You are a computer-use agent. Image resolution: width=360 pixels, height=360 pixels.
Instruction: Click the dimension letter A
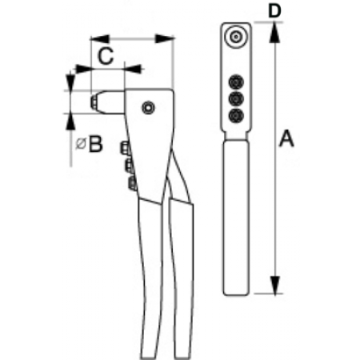[286, 138]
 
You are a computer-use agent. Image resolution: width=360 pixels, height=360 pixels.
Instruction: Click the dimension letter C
[106, 56]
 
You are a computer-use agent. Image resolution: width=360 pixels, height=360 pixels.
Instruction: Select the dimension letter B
[95, 144]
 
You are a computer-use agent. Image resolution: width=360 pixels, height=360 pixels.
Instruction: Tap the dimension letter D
[274, 11]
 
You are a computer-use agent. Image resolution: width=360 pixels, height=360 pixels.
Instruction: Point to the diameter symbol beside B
[81, 144]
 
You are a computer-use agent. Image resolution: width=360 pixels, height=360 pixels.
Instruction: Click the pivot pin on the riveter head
[148, 108]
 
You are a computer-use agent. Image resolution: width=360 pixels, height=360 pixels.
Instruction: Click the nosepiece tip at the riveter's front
[94, 102]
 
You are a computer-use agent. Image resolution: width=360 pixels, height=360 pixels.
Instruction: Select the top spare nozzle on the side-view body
[125, 148]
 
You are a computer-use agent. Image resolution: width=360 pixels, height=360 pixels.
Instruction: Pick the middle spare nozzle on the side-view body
[129, 166]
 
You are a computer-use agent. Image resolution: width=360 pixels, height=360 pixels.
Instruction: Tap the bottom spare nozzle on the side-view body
[133, 183]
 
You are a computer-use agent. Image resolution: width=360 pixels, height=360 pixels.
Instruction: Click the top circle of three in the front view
[236, 82]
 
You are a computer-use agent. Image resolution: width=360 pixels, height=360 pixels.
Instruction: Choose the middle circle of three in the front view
[236, 99]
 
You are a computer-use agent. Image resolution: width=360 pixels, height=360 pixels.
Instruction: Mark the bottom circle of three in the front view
[236, 116]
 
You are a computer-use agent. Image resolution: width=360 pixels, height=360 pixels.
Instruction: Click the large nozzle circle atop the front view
[236, 37]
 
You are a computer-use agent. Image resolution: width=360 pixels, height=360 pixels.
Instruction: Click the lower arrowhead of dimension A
[274, 285]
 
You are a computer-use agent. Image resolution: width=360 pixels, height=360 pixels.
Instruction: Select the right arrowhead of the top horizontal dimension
[164, 39]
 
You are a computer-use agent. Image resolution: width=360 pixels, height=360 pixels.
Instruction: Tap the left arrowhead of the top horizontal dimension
[100, 39]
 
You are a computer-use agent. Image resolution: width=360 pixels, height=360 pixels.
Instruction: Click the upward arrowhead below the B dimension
[70, 122]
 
